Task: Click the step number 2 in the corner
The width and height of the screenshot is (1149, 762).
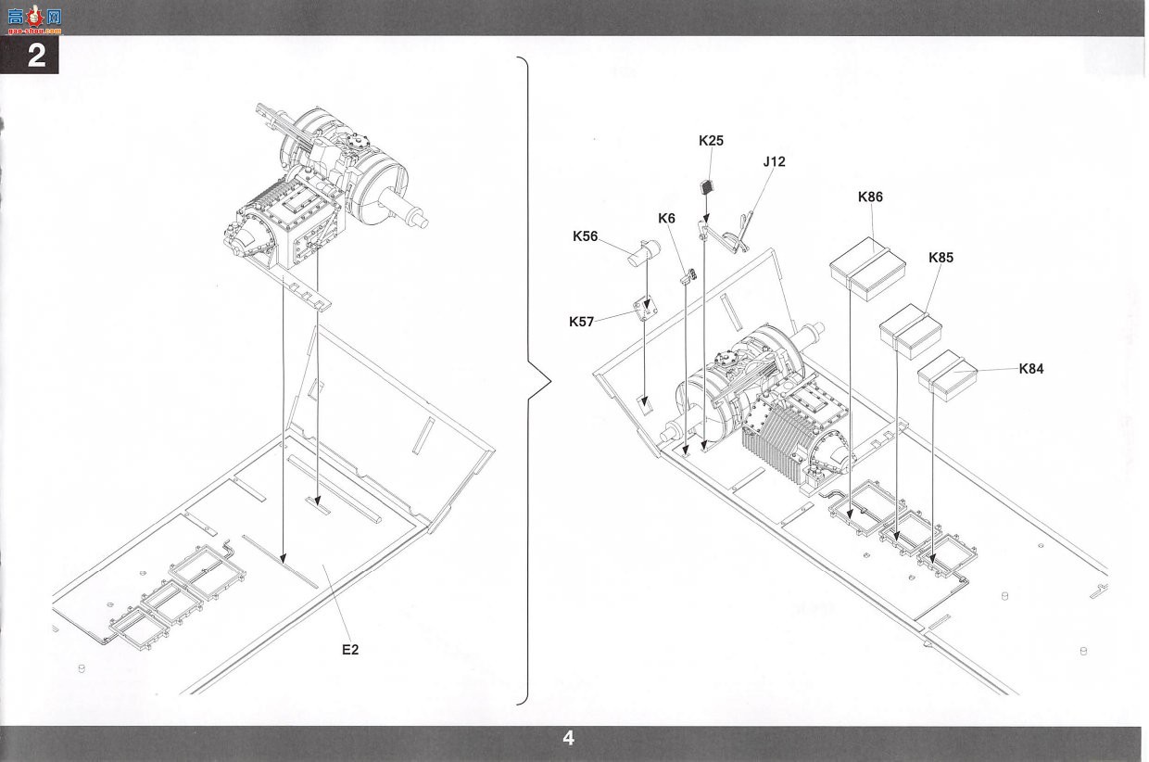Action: tap(36, 56)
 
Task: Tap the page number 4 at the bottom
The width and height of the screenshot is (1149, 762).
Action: tap(568, 738)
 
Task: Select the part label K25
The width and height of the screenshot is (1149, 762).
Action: tap(711, 141)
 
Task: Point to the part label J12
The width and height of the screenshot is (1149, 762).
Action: tap(774, 161)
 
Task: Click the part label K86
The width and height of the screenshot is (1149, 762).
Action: tap(870, 197)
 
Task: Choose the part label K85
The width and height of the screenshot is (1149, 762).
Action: tap(941, 258)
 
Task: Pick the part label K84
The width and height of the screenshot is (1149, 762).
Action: tap(1031, 368)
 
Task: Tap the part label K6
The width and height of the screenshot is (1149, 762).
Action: tap(666, 219)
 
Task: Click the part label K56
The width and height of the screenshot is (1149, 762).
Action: tap(586, 236)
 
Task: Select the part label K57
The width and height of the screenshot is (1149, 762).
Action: tap(581, 322)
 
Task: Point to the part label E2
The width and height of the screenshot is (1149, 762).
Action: tap(350, 650)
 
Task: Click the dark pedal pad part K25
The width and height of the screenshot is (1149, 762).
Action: tap(707, 187)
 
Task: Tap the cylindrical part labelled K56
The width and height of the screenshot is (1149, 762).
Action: tap(644, 253)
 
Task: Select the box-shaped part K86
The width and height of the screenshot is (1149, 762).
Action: tap(867, 268)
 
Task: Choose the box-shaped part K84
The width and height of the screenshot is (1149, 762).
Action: tap(947, 375)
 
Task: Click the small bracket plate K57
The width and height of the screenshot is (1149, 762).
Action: tap(646, 310)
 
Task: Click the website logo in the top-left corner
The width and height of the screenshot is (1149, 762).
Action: tap(34, 19)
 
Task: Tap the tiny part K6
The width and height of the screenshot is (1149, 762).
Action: tap(688, 276)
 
